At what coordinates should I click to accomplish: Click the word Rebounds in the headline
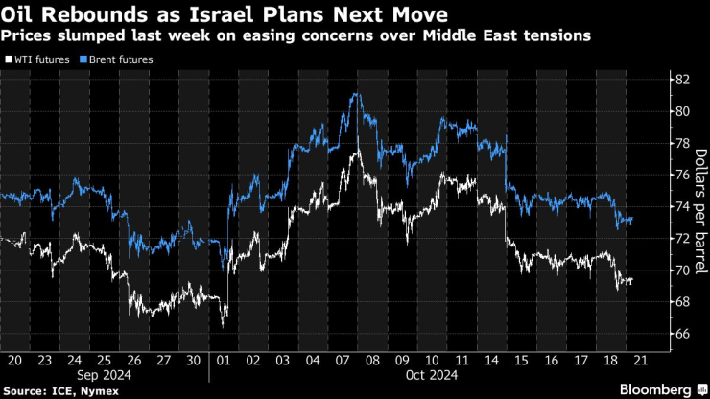[74, 13]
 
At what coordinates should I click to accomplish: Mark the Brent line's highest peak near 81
[355, 93]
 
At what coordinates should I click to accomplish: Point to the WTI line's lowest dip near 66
[223, 326]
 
